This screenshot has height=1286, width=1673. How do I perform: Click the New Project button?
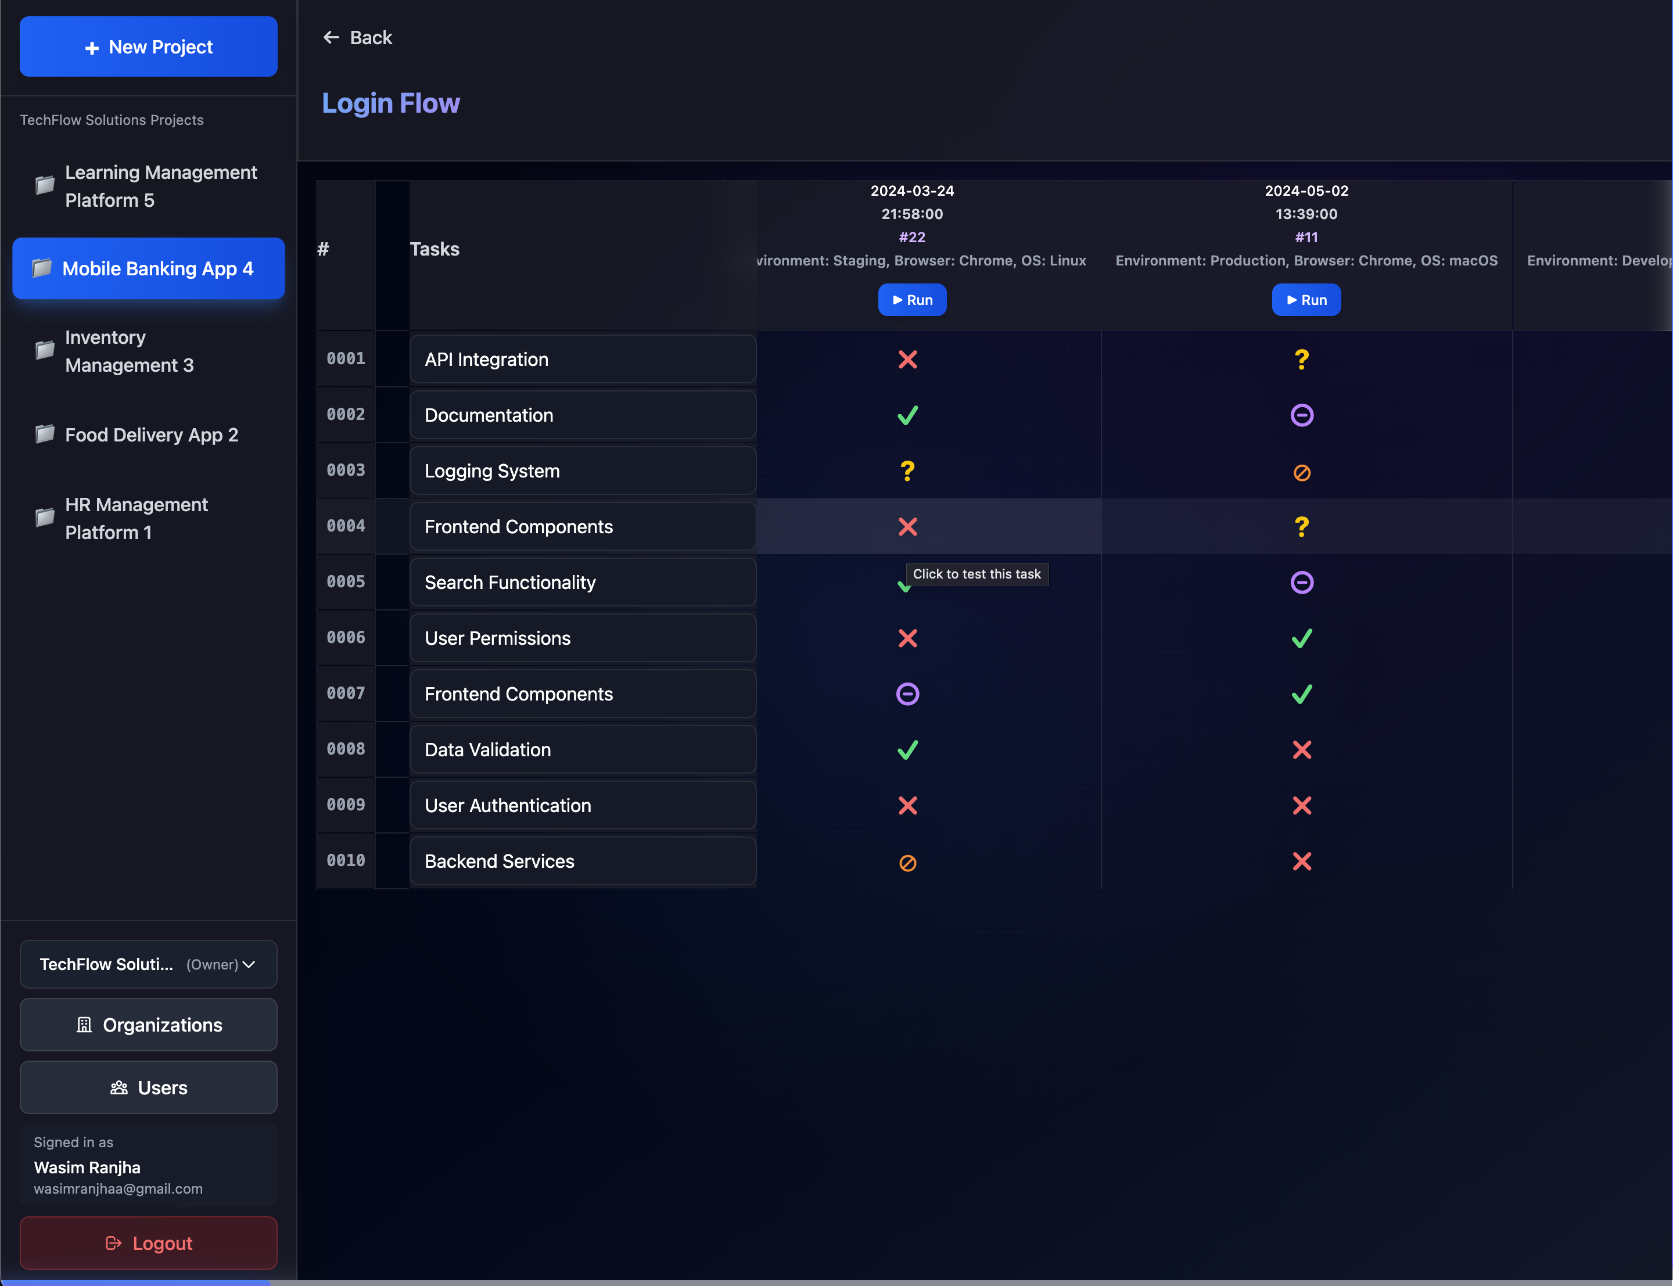pos(149,46)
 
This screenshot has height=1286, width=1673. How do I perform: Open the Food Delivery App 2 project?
pos(151,435)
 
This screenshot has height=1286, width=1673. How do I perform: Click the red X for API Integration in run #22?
pos(908,360)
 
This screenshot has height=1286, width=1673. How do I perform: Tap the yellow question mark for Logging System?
pos(908,470)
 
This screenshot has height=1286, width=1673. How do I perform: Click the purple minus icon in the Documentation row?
pos(1301,415)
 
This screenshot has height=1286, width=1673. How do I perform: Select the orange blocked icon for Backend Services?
pos(908,863)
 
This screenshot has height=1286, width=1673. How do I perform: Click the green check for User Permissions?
pos(1301,638)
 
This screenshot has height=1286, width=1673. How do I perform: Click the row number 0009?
pos(346,804)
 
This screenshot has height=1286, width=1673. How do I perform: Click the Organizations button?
pos(149,1025)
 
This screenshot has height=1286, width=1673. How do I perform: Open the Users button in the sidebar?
pos(149,1088)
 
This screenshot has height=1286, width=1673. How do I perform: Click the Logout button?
pos(149,1243)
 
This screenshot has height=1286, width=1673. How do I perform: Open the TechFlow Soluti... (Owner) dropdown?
pos(149,964)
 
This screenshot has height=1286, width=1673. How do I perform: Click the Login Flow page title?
pos(390,103)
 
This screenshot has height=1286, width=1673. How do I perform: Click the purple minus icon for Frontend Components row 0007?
pos(908,694)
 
